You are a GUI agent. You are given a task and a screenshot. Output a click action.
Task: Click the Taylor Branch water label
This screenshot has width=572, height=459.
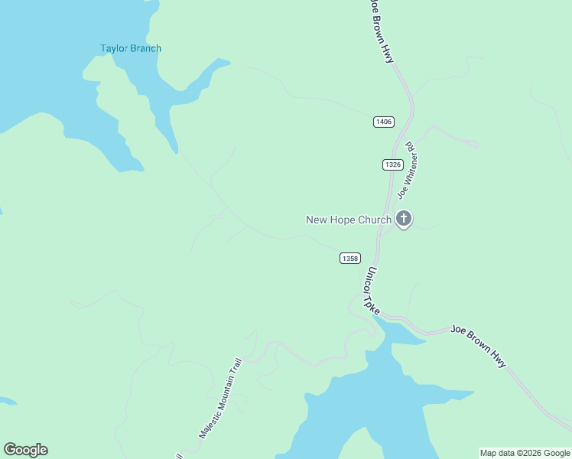tap(131, 49)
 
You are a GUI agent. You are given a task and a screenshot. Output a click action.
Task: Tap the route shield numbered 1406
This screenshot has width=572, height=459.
tap(384, 122)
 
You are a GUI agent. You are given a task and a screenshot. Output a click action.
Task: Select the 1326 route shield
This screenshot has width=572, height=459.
tap(392, 164)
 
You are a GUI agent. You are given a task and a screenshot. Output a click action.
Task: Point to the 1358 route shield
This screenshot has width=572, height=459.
tap(349, 259)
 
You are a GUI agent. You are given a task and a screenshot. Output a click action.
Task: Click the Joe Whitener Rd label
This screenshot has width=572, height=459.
tap(405, 171)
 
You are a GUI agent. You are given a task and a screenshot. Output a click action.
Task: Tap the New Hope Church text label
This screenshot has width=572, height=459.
tap(349, 220)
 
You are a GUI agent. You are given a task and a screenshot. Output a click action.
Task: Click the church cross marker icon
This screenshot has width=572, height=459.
tap(404, 220)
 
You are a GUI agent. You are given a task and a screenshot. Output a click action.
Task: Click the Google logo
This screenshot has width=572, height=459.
tap(25, 450)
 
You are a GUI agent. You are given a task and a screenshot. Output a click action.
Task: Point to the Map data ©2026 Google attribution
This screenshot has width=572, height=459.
tap(525, 453)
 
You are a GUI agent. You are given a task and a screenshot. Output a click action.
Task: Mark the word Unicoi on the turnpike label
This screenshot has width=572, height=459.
tap(368, 282)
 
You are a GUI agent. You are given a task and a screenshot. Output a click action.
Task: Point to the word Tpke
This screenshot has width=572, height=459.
tap(374, 303)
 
